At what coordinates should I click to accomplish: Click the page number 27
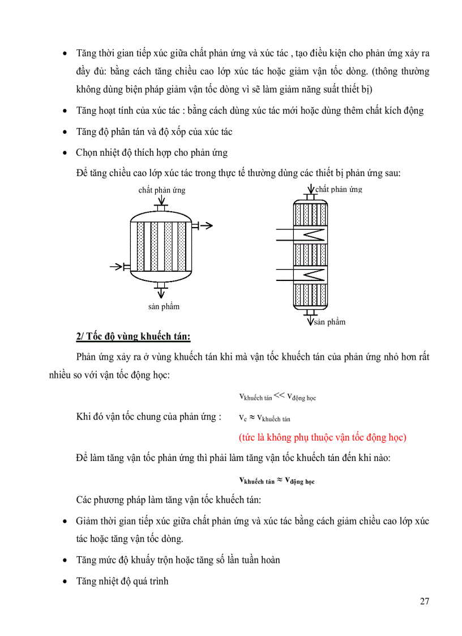pyautogui.click(x=424, y=601)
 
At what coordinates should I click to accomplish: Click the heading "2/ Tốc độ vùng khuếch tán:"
pyautogui.click(x=134, y=337)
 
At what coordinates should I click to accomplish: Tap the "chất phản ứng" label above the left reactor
pyautogui.click(x=161, y=190)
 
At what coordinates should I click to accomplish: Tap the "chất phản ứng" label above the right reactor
pyautogui.click(x=339, y=189)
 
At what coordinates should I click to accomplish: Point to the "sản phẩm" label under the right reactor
pyautogui.click(x=330, y=322)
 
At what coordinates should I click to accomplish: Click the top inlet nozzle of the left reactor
pyautogui.click(x=161, y=209)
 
